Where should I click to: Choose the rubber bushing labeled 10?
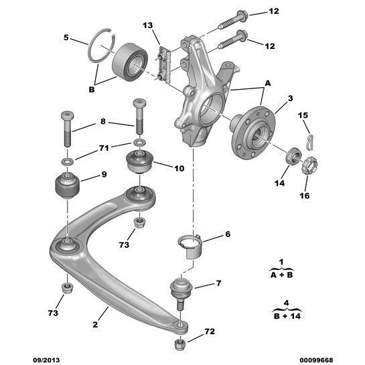pos(139,162)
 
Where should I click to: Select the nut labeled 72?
pos(179,345)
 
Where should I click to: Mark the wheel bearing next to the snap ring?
pos(130,61)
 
